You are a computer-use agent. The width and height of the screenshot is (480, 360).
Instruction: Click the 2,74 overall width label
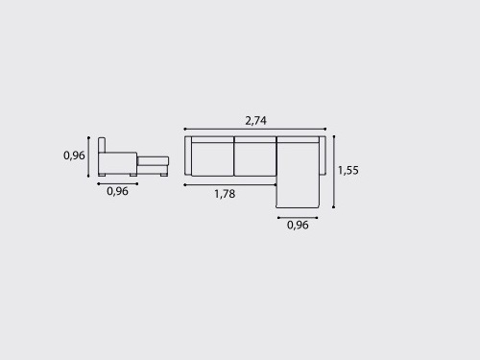(255, 121)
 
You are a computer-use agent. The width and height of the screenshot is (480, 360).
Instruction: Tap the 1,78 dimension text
(225, 194)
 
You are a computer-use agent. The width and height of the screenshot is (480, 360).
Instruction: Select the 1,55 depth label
(348, 170)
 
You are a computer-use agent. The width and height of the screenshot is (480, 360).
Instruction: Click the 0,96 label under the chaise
(298, 225)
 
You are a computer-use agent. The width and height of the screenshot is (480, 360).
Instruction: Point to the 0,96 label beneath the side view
(117, 191)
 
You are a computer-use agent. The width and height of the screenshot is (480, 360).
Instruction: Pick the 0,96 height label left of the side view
(74, 156)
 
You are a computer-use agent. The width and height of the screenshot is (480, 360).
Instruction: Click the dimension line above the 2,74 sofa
(255, 129)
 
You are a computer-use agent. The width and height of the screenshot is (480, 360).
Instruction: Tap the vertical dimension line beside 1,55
(334, 172)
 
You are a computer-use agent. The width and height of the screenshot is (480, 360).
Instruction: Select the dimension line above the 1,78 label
(230, 185)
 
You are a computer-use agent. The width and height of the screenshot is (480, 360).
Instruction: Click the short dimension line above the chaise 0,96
(298, 218)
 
